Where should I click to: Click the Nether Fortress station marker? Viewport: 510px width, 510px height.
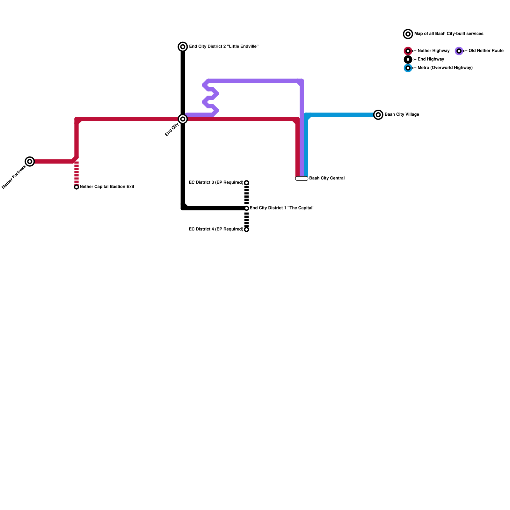click(30, 162)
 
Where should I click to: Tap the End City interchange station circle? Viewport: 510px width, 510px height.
click(183, 119)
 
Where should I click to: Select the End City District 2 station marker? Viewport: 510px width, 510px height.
click(183, 47)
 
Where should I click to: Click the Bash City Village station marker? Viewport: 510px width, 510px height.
click(378, 115)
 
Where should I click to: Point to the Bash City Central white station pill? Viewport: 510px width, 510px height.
click(302, 178)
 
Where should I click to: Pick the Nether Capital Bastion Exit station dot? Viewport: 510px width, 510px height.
click(76, 187)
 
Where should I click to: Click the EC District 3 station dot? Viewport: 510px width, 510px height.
click(246, 183)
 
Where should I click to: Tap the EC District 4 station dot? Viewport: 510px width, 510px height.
click(246, 229)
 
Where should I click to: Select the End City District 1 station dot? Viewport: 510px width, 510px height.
click(246, 208)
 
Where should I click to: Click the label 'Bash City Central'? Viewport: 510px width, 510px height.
click(327, 178)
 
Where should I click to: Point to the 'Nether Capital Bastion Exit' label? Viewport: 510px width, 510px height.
click(107, 187)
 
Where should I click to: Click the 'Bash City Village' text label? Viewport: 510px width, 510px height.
click(402, 114)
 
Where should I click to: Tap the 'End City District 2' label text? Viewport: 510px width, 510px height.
click(223, 47)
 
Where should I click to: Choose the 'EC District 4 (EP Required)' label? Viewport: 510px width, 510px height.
click(216, 229)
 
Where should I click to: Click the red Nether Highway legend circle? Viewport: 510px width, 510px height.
click(408, 51)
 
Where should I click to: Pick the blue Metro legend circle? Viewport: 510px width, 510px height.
click(408, 68)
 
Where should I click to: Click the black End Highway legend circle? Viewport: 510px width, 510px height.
click(408, 60)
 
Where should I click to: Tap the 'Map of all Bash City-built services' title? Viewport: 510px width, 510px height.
click(448, 34)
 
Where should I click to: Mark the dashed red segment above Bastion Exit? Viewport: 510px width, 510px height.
click(76, 173)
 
